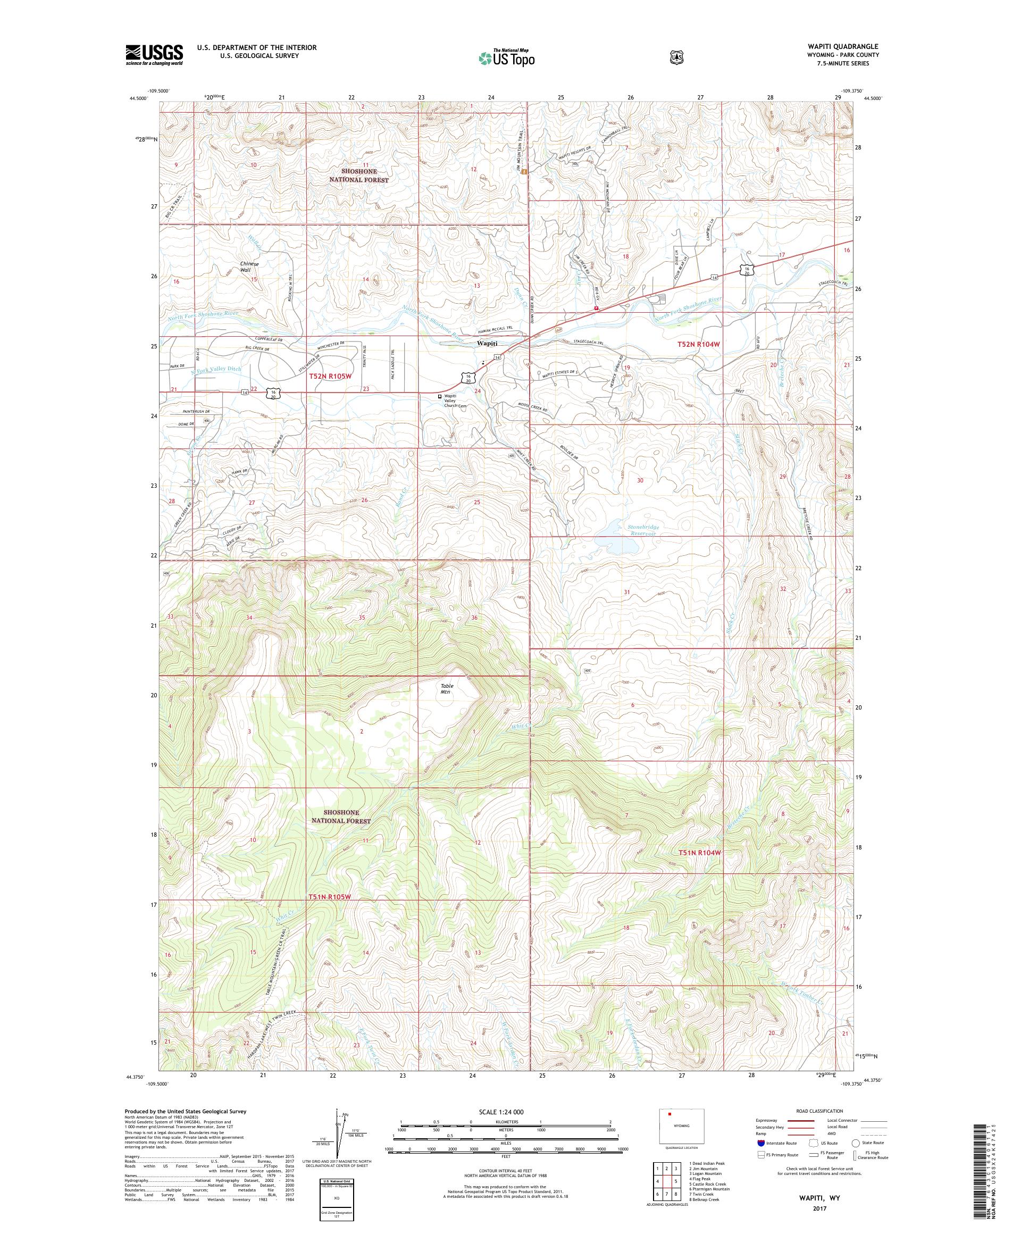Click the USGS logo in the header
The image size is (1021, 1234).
click(154, 55)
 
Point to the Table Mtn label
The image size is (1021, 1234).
click(448, 689)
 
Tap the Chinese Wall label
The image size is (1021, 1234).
click(250, 268)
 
